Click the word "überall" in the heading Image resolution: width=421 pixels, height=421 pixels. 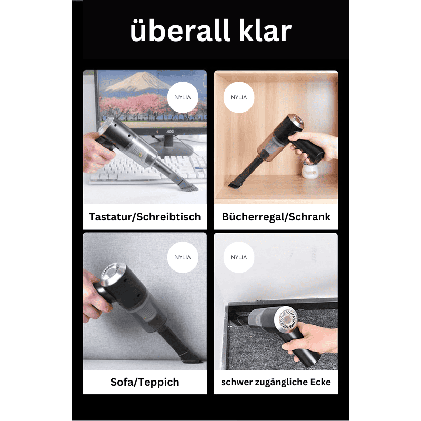[180, 30]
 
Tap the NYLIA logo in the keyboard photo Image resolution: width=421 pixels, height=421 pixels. [183, 97]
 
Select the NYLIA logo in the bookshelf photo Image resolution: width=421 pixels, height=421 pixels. [239, 97]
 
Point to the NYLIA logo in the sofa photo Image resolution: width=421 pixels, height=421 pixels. [183, 257]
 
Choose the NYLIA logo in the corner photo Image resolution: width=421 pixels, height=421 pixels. [239, 257]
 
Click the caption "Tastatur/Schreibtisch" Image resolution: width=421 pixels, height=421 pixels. [145, 217]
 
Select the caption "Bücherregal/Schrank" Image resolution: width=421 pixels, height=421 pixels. [276, 217]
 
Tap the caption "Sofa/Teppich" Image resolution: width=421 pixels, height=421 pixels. [145, 382]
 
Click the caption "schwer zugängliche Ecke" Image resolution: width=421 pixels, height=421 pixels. [276, 382]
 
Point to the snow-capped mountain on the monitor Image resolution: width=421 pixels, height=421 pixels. [138, 82]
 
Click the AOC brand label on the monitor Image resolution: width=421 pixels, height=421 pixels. [169, 131]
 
